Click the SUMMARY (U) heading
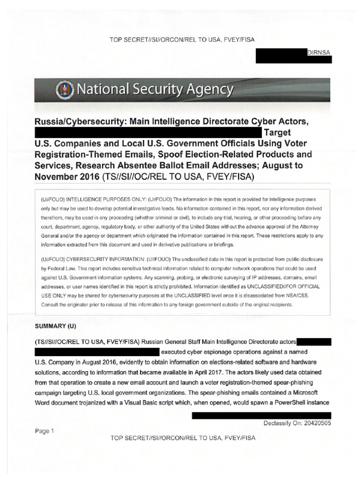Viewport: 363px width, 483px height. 55,326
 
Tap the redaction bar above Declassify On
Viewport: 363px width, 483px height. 261,415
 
